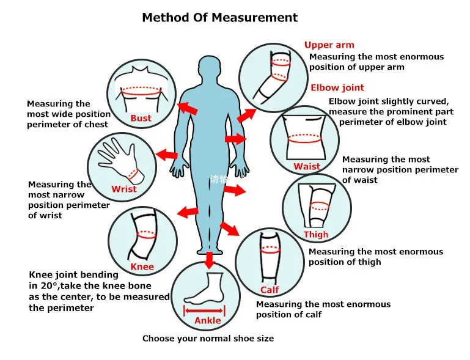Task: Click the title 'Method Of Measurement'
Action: pos(219,17)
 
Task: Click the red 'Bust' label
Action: pos(141,118)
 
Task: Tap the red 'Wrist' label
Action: pos(124,189)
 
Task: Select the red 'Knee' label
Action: pos(142,267)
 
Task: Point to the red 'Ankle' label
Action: pos(208,321)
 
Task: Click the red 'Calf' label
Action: pos(270,290)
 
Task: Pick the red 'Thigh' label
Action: pos(316,234)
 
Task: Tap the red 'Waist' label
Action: pos(307,167)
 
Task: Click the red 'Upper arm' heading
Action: pos(329,45)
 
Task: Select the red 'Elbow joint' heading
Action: pos(337,87)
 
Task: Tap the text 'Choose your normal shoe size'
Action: pos(208,338)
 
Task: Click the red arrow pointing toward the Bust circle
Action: pos(188,108)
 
